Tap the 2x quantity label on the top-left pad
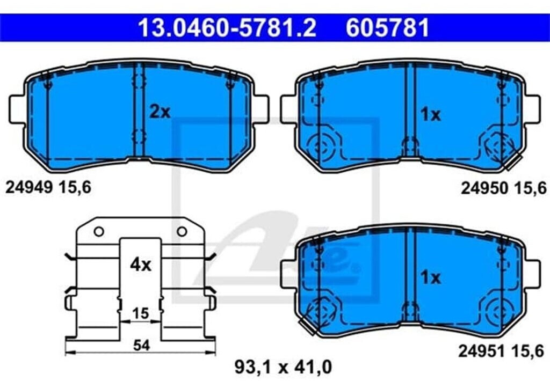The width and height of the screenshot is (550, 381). tap(160, 112)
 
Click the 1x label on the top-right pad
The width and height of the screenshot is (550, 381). tap(430, 114)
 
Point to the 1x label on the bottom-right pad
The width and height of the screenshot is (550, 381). tap(430, 277)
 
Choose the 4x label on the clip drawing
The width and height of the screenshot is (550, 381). tap(141, 265)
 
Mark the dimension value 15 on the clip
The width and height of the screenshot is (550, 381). tap(140, 313)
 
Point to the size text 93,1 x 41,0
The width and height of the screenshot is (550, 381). tap(283, 368)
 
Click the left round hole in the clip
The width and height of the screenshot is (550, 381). tap(98, 231)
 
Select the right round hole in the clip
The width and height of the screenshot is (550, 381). tap(182, 231)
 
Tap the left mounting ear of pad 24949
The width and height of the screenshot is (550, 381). tap(17, 108)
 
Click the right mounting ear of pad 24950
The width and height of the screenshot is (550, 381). tap(532, 108)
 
